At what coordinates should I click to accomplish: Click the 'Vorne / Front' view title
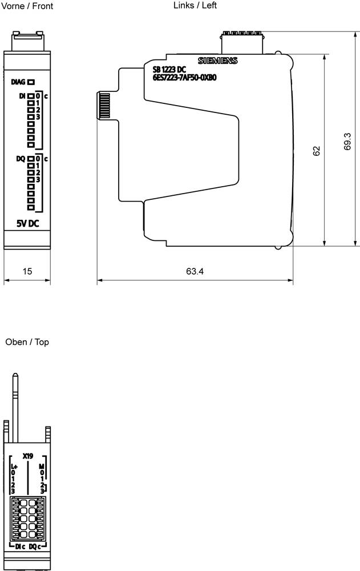tap(28, 6)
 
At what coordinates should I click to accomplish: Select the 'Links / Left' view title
tap(195, 5)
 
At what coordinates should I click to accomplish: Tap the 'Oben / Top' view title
tap(27, 342)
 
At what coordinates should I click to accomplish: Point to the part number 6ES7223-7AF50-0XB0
tap(184, 78)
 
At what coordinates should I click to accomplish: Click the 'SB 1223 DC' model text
tap(169, 70)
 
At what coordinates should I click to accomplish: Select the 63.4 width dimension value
tap(195, 271)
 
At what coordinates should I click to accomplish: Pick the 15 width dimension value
tap(27, 271)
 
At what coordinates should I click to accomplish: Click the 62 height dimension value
tap(317, 151)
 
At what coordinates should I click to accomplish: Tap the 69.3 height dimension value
tap(348, 142)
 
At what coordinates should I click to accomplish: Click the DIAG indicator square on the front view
tap(31, 82)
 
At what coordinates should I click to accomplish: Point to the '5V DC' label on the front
tap(27, 223)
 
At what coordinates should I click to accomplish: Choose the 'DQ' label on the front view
tap(21, 159)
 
